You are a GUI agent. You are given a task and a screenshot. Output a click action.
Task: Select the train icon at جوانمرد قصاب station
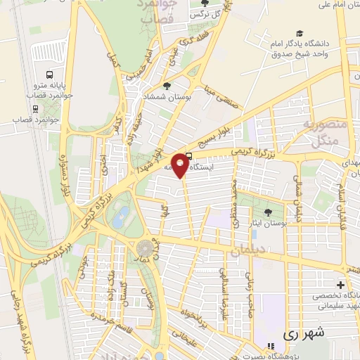coord(34,108)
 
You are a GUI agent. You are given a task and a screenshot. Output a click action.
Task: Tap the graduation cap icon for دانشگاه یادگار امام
coord(300,34)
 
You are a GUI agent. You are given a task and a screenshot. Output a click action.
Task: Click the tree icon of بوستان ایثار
coord(267,212)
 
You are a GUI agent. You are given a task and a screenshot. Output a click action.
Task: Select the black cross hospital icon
coord(340,285)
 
